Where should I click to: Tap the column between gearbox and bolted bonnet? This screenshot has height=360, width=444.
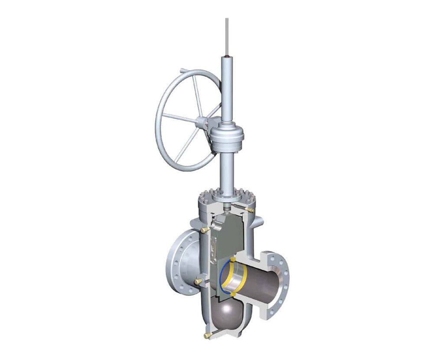pos(226,171)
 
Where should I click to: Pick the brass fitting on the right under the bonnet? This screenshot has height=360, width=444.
pos(249,209)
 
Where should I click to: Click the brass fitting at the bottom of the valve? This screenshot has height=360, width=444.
pos(207,335)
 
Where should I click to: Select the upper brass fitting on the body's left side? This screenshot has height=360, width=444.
pos(202,229)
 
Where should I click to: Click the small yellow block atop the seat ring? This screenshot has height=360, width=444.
pos(233,260)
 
